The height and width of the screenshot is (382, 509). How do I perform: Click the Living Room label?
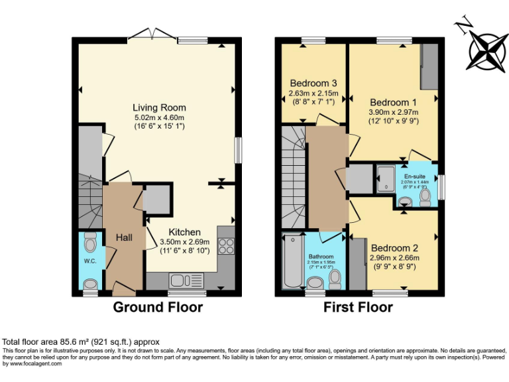click(x=159, y=107)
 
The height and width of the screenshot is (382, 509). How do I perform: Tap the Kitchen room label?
click(x=184, y=232)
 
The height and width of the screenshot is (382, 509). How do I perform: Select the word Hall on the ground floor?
click(x=124, y=237)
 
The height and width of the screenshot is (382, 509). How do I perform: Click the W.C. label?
click(x=90, y=261)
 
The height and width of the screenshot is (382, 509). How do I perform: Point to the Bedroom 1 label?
click(x=393, y=103)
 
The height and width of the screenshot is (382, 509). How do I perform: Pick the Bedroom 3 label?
click(x=314, y=84)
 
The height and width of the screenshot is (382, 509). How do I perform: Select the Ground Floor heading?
click(x=158, y=307)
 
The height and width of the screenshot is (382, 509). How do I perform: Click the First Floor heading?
click(x=358, y=307)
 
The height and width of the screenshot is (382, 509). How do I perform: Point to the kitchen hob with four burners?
click(x=226, y=246)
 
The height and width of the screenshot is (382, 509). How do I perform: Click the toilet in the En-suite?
click(x=425, y=196)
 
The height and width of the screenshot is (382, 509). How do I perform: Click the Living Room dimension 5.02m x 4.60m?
click(x=159, y=117)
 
